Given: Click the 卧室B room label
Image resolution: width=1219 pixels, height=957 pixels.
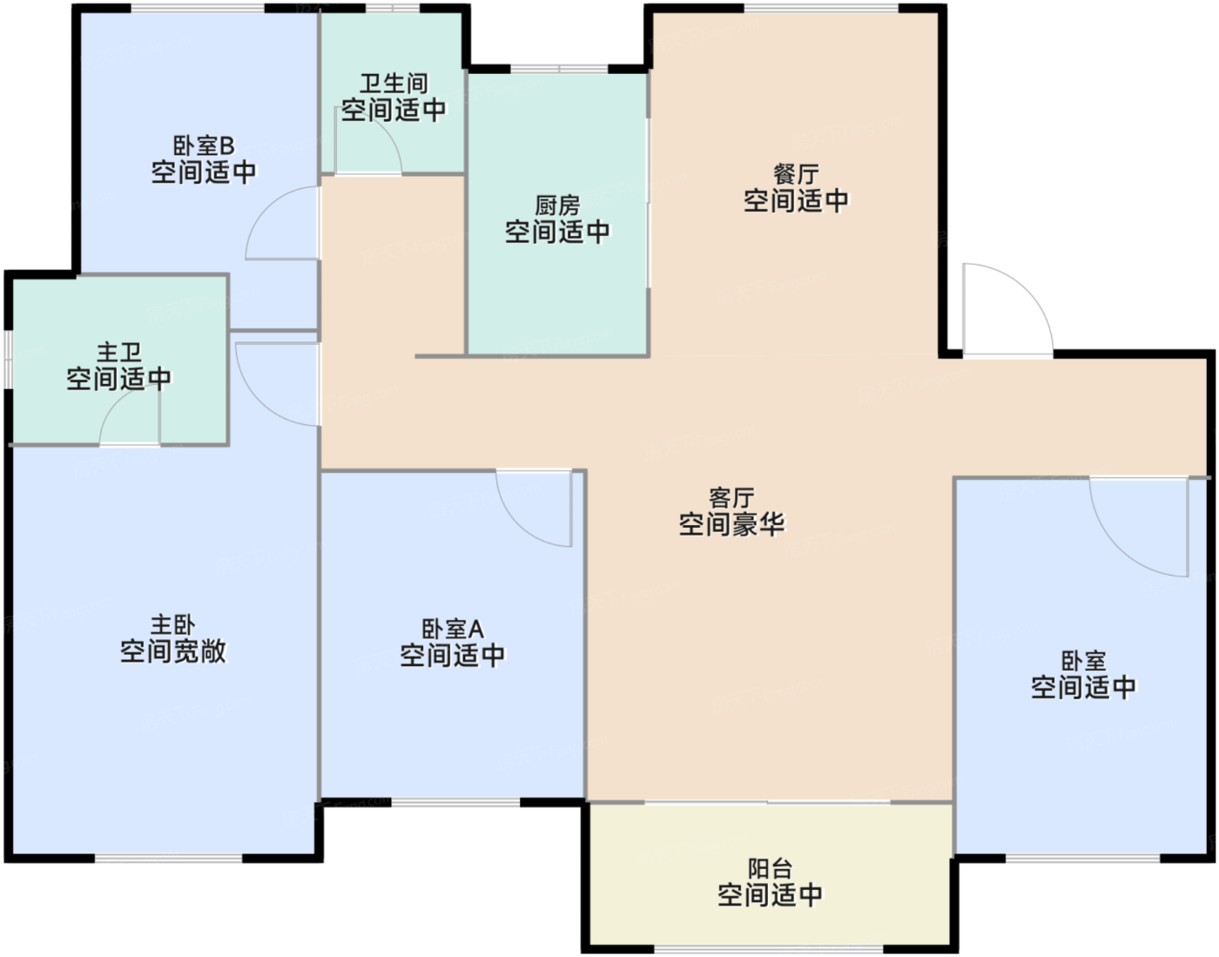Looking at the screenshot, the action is [204, 146].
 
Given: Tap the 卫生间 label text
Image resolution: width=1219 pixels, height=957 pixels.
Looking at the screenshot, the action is [394, 84].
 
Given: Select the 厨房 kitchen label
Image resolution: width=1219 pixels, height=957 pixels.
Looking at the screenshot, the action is [557, 206].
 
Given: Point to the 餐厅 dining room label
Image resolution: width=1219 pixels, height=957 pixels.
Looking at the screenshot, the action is [796, 174].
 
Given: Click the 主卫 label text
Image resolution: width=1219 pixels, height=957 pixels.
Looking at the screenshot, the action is [119, 353].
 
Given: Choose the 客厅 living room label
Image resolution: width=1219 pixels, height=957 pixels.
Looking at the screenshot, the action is [731, 498].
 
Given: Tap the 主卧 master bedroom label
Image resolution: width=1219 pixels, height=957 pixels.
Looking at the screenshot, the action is [172, 625].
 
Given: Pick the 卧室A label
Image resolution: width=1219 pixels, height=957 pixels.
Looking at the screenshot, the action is [452, 630].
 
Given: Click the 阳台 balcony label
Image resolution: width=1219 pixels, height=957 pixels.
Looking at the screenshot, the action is [770, 869].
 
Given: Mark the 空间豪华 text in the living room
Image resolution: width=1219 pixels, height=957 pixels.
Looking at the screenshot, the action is [731, 525].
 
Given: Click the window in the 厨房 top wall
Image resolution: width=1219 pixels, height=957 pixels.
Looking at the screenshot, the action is [559, 69].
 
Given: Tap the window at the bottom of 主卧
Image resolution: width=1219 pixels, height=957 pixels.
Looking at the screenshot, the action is [168, 859].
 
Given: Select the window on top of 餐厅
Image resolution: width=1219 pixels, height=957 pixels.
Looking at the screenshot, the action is [821, 9].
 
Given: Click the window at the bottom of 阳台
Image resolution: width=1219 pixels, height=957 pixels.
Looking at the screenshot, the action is [769, 949].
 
